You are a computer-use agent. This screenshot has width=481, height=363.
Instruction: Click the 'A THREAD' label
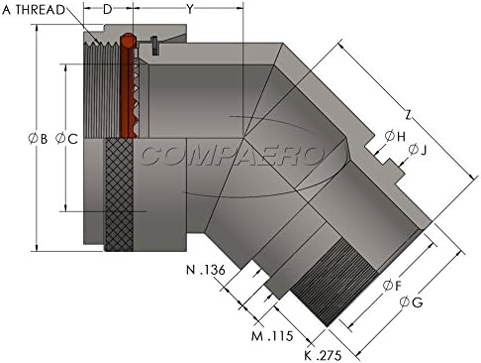34,10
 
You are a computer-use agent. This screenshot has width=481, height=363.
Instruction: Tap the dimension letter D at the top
108,9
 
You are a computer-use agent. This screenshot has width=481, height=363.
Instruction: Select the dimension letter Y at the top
189,9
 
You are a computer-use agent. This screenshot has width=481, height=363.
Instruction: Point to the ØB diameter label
38,138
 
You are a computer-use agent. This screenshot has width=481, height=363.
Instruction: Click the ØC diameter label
66,138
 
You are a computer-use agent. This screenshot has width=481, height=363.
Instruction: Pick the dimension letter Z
409,115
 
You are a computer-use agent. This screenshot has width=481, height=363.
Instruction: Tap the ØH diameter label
395,136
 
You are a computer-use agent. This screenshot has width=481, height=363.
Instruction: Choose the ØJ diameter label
418,150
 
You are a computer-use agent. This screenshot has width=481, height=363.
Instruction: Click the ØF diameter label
392,286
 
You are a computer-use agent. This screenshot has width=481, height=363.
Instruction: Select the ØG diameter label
411,302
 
